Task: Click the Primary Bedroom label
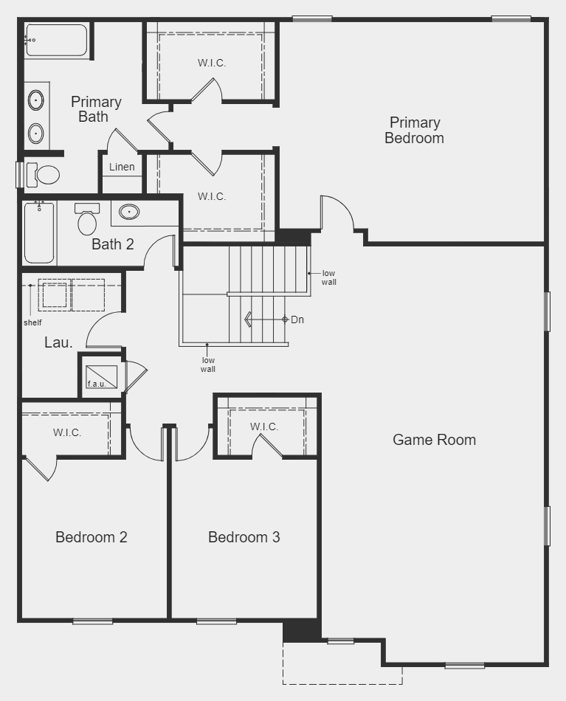pos(414,131)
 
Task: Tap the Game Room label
pos(434,440)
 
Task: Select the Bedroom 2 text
pos(92,537)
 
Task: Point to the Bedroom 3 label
pos(244,537)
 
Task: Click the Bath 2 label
pos(113,244)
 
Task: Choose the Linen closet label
pos(122,167)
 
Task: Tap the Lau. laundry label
pos(58,342)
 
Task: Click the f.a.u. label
pos(97,384)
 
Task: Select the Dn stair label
pos(297,320)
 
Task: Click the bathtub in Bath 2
pos(39,233)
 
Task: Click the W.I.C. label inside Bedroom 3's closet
pos(263,427)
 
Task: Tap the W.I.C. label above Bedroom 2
pos(67,432)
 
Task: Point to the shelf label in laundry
pos(32,322)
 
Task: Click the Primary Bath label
pos(96,109)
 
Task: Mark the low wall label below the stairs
pos(208,365)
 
